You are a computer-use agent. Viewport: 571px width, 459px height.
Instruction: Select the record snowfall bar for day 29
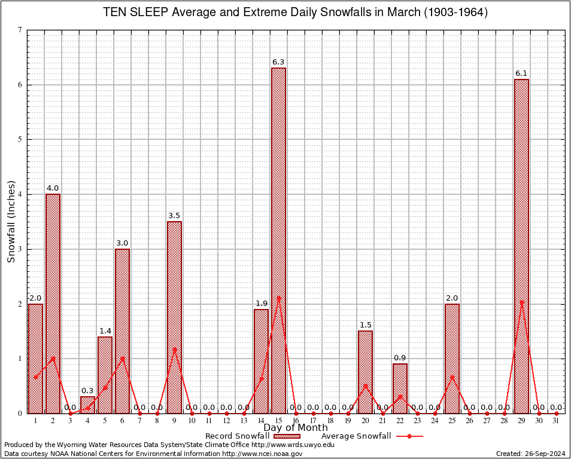click(x=521, y=246)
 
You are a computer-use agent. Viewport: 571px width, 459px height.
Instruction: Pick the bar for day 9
click(x=174, y=317)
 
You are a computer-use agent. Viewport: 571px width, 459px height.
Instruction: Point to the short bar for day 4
click(x=87, y=405)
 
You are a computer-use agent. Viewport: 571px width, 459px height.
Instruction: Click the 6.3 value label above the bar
click(x=278, y=62)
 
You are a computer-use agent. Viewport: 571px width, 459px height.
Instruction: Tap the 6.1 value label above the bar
click(x=521, y=73)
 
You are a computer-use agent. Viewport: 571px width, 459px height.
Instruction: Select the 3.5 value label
click(x=174, y=215)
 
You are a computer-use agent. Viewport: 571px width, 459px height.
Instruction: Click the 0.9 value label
click(x=400, y=357)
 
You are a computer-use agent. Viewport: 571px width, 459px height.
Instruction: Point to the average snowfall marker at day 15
click(x=278, y=298)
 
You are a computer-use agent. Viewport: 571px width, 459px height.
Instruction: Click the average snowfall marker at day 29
click(x=521, y=302)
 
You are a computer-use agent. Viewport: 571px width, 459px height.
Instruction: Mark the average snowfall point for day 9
click(x=174, y=349)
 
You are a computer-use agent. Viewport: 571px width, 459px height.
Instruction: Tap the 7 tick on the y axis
click(x=20, y=30)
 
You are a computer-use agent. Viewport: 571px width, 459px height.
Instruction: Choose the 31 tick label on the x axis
click(x=556, y=421)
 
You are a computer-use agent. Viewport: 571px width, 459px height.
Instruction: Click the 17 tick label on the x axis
click(x=313, y=421)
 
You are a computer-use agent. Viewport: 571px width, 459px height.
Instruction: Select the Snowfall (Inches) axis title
click(x=11, y=221)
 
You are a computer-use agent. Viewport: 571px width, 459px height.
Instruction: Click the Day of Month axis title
click(x=295, y=428)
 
